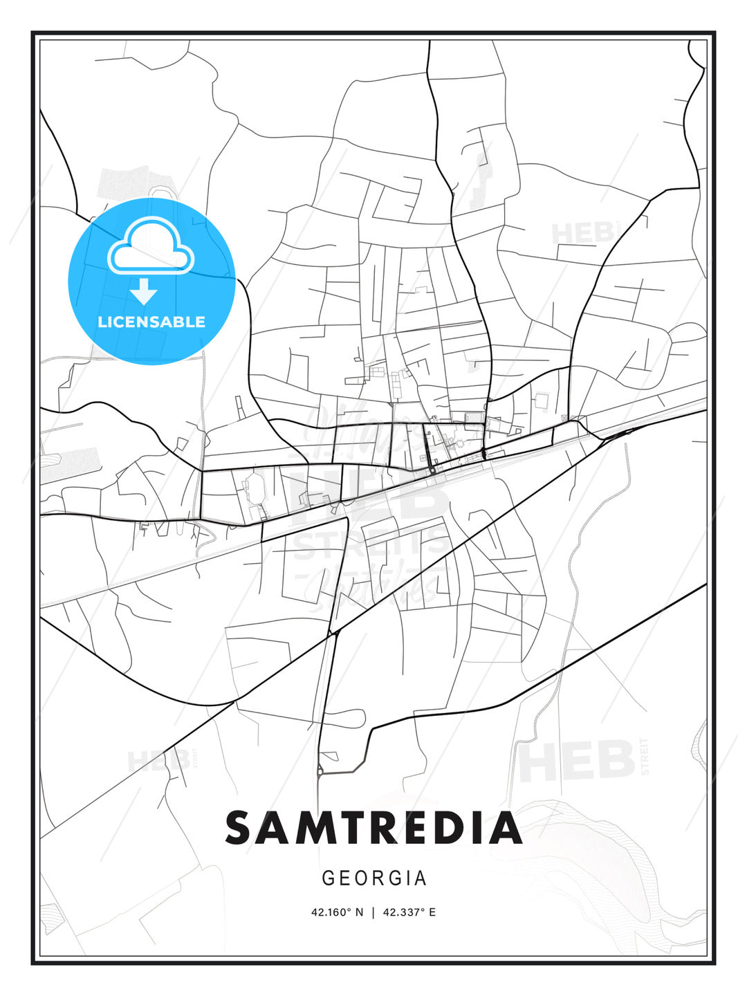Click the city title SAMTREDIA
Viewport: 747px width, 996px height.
373,828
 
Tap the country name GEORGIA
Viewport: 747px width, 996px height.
374,878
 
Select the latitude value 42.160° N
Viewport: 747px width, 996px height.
337,912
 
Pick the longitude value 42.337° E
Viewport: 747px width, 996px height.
409,912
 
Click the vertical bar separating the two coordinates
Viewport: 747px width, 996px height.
373,912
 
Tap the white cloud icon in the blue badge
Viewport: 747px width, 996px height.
151,247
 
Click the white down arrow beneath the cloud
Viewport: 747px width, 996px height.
144,293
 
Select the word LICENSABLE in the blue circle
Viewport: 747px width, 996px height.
151,322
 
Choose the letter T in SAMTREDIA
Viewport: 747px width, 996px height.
359,828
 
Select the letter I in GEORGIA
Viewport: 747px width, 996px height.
407,878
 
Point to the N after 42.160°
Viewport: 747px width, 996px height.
359,912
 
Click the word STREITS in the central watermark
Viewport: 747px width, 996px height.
370,544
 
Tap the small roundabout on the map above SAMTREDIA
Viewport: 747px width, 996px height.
319,770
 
